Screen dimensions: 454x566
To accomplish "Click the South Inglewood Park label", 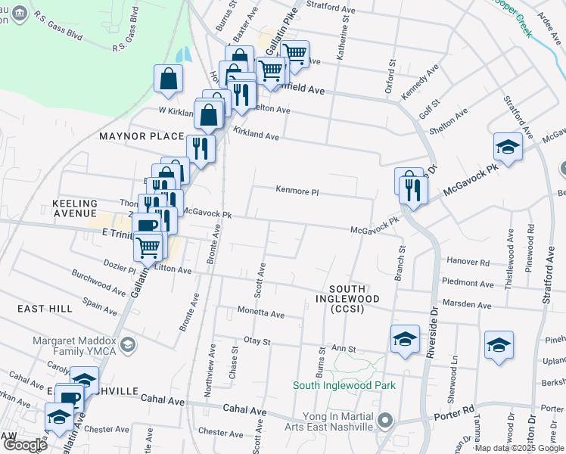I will pos(345,385).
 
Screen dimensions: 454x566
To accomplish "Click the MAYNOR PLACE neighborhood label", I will pos(142,136).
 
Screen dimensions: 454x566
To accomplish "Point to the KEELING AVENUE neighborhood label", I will pos(75,209).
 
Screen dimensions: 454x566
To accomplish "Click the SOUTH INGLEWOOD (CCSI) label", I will pos(347,299).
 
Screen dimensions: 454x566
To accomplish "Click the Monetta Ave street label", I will pos(261,313).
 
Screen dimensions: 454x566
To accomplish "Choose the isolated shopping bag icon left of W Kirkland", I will pos(168,79).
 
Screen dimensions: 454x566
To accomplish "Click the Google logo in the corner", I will pos(24,444).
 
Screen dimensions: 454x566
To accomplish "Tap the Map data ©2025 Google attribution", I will pos(518,448).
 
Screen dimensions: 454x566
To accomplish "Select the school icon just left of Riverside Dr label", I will pos(405,339).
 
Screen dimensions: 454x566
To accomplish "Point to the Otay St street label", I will pos(257,341).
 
